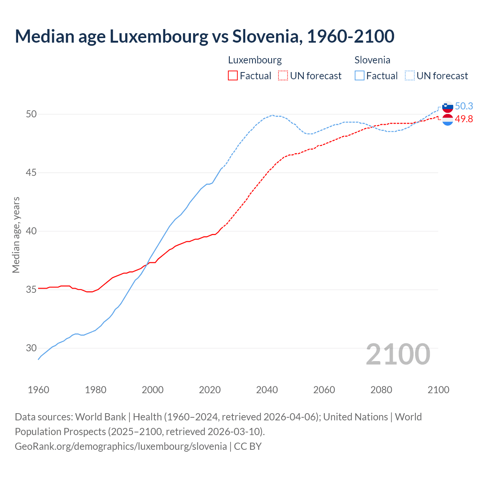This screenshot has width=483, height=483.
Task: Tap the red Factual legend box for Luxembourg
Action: coord(233,76)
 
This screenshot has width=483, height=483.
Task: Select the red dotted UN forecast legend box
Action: coord(283,76)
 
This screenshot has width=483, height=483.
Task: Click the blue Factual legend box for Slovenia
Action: coord(360,76)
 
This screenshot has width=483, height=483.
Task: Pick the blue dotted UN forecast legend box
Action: coord(409,76)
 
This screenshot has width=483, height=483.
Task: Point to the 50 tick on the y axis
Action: coord(31,114)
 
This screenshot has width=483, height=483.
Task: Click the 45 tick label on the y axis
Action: coord(31,172)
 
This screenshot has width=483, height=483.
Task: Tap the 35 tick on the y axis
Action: coord(31,289)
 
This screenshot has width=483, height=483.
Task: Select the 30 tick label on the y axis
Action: coord(31,348)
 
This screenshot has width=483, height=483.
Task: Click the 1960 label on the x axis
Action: coord(38,390)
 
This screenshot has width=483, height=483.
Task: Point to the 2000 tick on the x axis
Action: coord(152,390)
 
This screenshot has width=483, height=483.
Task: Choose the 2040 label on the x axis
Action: coord(267,390)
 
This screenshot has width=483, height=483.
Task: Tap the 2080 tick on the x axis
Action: coord(381,390)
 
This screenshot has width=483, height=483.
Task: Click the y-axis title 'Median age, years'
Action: coord(16,235)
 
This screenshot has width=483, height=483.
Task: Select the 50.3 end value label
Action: coord(464,106)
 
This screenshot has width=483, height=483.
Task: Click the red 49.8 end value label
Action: coord(464,119)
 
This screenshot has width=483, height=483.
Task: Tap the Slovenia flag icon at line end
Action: coord(448,107)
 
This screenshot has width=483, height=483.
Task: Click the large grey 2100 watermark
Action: coord(398,354)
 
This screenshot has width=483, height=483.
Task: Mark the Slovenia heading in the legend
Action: coord(372,60)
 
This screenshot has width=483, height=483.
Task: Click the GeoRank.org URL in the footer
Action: coord(121,446)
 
